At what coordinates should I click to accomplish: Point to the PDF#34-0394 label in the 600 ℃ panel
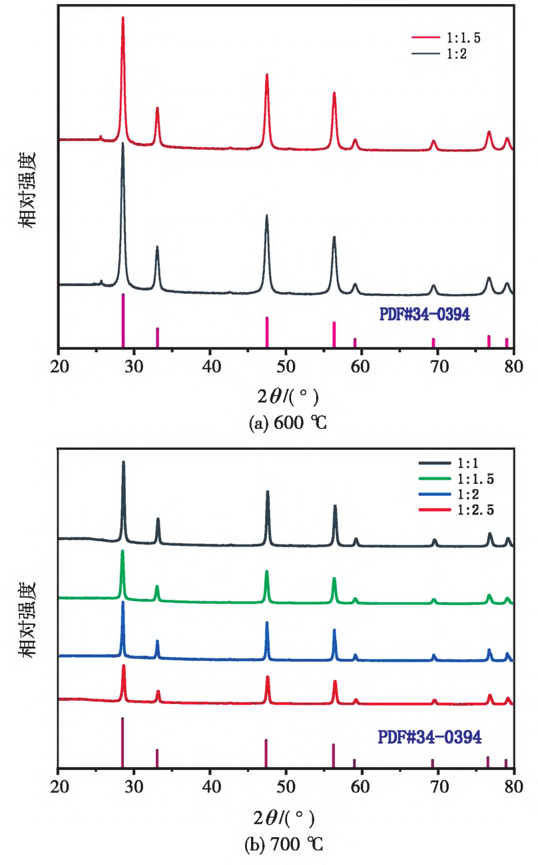425,314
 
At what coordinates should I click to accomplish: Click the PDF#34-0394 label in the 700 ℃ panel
429,737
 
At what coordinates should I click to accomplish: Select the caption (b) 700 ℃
284,844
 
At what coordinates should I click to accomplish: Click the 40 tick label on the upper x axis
211,366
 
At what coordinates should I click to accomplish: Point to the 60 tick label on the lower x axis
360,787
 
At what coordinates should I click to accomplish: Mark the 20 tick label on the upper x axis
60,366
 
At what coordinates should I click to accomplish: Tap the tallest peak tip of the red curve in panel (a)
123,18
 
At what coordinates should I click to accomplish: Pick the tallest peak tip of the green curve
122,551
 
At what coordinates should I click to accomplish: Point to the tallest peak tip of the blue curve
123,602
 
